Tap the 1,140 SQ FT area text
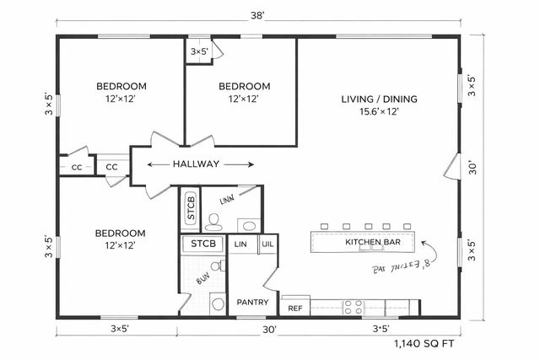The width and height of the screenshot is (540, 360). [x=423, y=344]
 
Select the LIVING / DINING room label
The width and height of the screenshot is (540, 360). [x=379, y=99]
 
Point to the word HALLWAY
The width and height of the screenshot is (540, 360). [x=197, y=164]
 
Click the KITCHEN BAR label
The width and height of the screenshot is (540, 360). [x=372, y=243]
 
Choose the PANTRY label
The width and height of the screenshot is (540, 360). [x=251, y=301]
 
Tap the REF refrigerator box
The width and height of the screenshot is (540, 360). [x=295, y=309]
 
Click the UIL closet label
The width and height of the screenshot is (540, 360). [x=267, y=244]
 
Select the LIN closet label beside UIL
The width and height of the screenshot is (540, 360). [x=240, y=244]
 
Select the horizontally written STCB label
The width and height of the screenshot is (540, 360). [x=202, y=244]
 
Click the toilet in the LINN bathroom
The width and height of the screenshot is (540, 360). [x=213, y=223]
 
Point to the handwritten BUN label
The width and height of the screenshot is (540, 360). [x=202, y=277]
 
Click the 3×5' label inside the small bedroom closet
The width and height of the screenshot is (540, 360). [x=200, y=51]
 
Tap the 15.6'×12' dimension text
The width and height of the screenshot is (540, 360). [x=379, y=111]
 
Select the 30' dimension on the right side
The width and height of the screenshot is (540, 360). [x=473, y=167]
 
